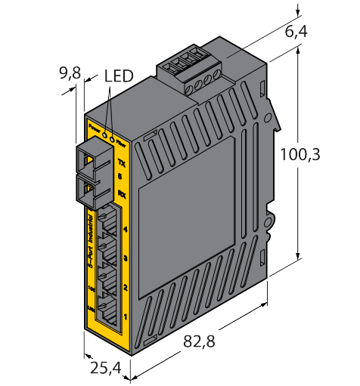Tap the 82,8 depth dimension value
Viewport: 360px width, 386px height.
pyautogui.click(x=199, y=341)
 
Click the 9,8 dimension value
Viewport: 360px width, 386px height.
pyautogui.click(x=70, y=74)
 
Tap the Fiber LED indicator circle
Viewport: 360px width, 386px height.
pyautogui.click(x=113, y=137)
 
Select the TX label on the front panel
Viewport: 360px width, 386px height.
pyautogui.click(x=123, y=163)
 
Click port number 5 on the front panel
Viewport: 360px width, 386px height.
pyautogui.click(x=123, y=178)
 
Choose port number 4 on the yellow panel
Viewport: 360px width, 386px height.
pyautogui.click(x=124, y=228)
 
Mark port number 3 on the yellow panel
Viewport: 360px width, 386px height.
pyautogui.click(x=124, y=258)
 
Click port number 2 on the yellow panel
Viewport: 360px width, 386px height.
pyautogui.click(x=124, y=288)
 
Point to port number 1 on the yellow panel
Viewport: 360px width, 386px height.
pyautogui.click(x=124, y=317)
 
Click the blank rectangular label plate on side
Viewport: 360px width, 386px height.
pyautogui.click(x=182, y=204)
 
